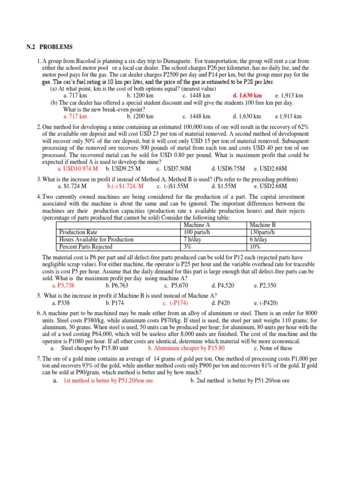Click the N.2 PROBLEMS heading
tap(49, 47)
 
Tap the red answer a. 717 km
tap(75, 116)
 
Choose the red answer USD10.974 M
tap(77, 168)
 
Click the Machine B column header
tap(262, 225)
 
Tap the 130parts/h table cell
tap(262, 232)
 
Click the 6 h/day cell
tap(259, 239)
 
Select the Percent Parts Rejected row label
tap(85, 246)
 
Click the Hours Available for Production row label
tap(96, 239)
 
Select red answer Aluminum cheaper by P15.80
tap(186, 348)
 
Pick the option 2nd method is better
tap(240, 381)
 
